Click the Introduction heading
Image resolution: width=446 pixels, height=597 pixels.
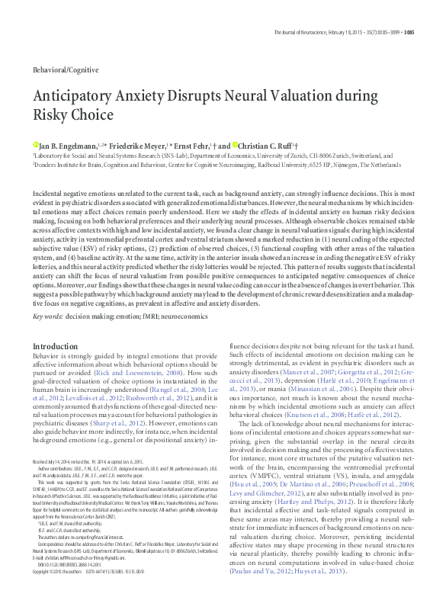(55, 347)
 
